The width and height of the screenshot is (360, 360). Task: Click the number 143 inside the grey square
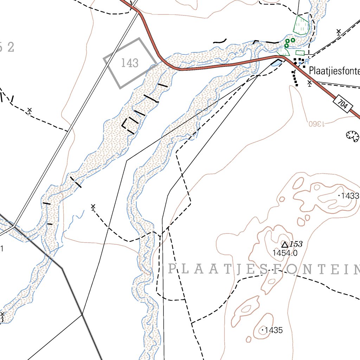(130, 63)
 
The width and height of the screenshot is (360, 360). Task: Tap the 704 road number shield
(343, 104)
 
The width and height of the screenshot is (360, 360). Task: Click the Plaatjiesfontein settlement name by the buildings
(334, 71)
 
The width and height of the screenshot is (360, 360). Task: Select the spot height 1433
(349, 196)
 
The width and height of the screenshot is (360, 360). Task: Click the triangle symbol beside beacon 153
(285, 244)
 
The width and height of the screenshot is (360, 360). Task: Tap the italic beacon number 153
(296, 244)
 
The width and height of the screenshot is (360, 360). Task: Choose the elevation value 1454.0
(285, 253)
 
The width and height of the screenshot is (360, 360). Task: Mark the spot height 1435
(274, 330)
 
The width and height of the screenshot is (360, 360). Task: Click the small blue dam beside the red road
(277, 63)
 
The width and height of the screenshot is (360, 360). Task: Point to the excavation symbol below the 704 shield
(352, 135)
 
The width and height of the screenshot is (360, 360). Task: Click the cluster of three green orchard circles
(289, 43)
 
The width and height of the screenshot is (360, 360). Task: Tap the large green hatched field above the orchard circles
(301, 25)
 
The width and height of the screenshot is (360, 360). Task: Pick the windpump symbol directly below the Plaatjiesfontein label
(309, 83)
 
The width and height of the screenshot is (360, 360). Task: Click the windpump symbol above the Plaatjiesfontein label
(339, 32)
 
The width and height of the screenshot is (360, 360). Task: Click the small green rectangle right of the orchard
(300, 53)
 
